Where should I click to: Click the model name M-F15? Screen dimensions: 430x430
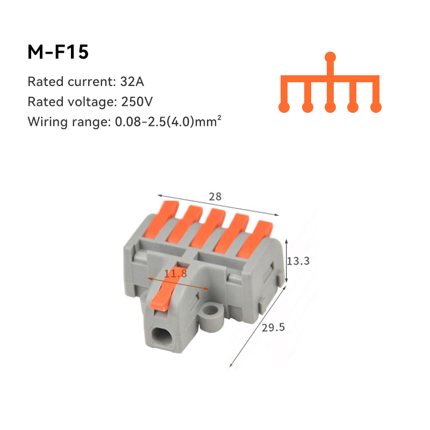(x=58, y=52)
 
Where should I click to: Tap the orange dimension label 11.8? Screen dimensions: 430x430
(x=176, y=274)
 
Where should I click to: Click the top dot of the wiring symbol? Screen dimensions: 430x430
(x=331, y=56)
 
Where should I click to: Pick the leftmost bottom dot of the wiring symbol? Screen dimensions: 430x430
(x=284, y=107)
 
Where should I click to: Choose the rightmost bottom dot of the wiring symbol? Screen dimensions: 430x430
(x=376, y=107)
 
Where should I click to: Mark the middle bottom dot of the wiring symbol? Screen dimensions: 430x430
(x=331, y=107)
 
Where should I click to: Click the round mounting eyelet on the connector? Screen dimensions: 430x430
(x=214, y=312)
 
